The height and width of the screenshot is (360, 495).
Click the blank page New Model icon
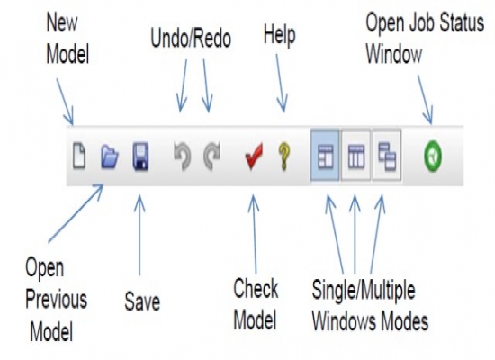pyautogui.click(x=79, y=156)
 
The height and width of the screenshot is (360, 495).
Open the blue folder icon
pyautogui.click(x=110, y=156)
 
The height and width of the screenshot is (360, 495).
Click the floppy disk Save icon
pyautogui.click(x=140, y=157)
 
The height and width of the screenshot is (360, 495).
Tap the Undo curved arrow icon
pyautogui.click(x=183, y=157)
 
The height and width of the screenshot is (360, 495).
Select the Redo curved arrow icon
pyautogui.click(x=211, y=157)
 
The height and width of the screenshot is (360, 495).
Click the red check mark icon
pyautogui.click(x=254, y=157)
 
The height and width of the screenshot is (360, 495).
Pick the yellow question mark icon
pyautogui.click(x=284, y=157)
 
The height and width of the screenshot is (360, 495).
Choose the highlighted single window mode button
pyautogui.click(x=325, y=156)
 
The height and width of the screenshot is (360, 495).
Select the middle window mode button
pyautogui.click(x=355, y=156)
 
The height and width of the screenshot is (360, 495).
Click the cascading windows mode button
pyautogui.click(x=387, y=156)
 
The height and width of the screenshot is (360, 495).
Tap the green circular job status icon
pyautogui.click(x=433, y=157)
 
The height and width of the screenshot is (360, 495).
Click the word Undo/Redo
pyautogui.click(x=191, y=38)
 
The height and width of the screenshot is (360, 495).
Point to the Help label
pyautogui.click(x=279, y=35)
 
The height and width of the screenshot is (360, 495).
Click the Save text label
pyautogui.click(x=142, y=301)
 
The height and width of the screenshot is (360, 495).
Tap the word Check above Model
pyautogui.click(x=256, y=288)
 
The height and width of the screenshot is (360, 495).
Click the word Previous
pyautogui.click(x=56, y=299)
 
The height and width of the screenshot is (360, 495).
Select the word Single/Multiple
pyautogui.click(x=364, y=290)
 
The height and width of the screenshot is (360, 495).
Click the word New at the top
pyautogui.click(x=62, y=22)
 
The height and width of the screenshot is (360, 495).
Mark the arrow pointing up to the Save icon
pyautogui.click(x=139, y=236)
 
